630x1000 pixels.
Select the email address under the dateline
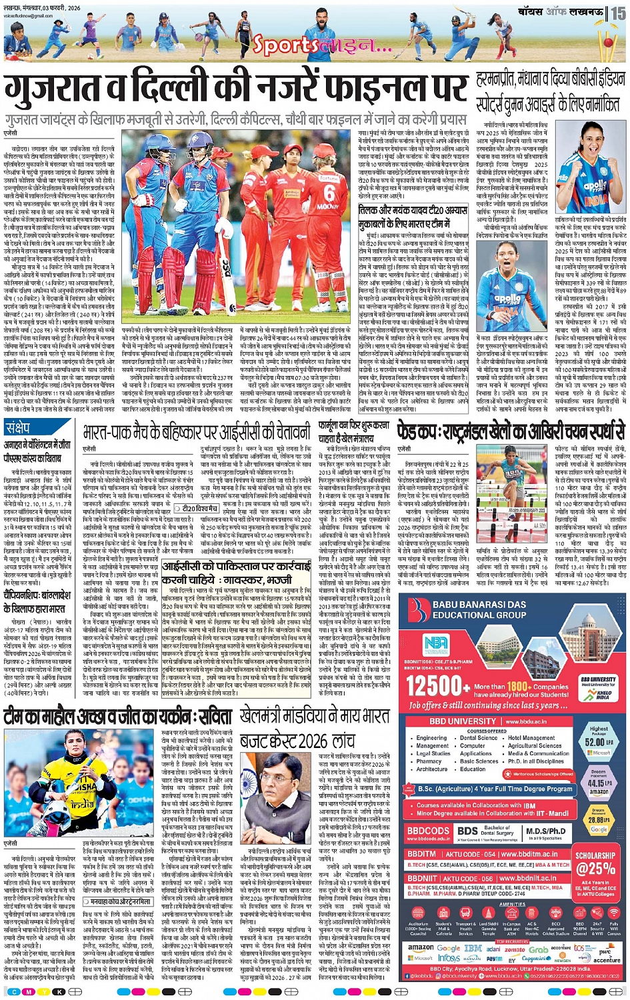[x=21, y=13]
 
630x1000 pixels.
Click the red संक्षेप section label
[x=18, y=427]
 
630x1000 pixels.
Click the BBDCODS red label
[x=428, y=831]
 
